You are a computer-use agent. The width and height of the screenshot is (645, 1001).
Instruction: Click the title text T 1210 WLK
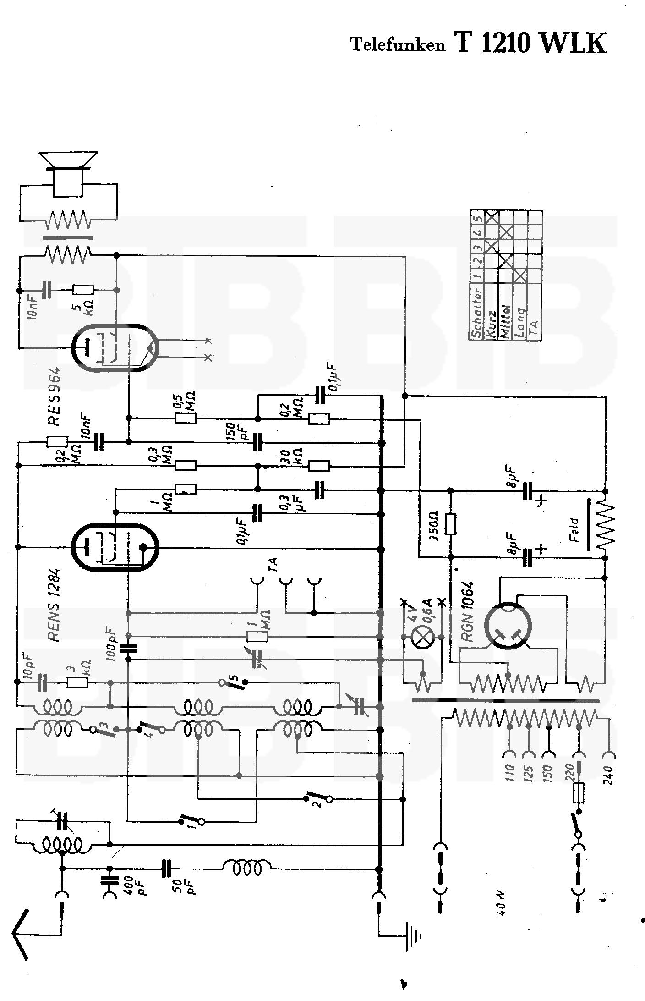pyautogui.click(x=530, y=44)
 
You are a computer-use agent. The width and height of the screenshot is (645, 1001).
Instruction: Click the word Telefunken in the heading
pyautogui.click(x=398, y=45)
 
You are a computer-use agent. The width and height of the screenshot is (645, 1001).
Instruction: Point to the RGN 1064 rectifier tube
pyautogui.click(x=508, y=625)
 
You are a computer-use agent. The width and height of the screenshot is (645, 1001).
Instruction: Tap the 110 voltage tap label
pyautogui.click(x=511, y=774)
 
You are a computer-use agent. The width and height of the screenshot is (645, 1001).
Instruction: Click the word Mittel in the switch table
pyautogui.click(x=505, y=321)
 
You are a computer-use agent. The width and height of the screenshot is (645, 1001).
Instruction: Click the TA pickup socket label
pyautogui.click(x=274, y=565)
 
